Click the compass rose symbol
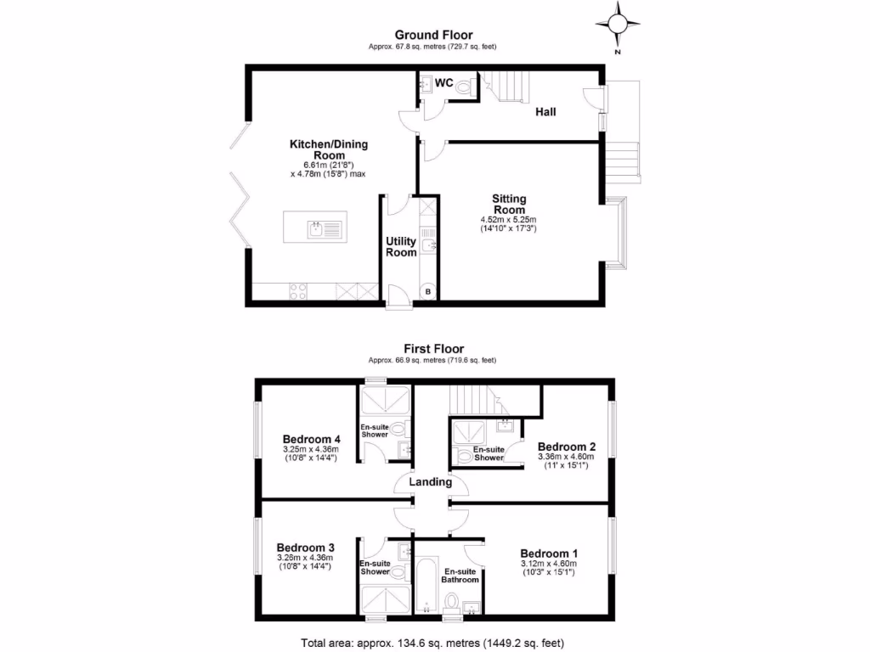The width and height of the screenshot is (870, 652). [619, 23]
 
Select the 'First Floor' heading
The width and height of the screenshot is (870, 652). [433, 348]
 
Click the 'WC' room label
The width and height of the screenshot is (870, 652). [443, 83]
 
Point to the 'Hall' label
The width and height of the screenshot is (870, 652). [545, 111]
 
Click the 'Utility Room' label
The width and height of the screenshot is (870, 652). [401, 247]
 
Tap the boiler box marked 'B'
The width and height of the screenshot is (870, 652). [427, 292]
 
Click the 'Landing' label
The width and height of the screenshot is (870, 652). [430, 481]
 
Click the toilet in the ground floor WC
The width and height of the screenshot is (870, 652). [464, 86]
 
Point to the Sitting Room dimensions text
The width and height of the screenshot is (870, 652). [508, 224]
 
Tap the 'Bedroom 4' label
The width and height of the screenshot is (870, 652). [306, 439]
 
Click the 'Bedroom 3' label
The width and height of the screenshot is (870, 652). [305, 548]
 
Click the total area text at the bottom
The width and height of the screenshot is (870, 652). [434, 642]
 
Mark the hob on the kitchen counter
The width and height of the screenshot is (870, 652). [298, 291]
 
